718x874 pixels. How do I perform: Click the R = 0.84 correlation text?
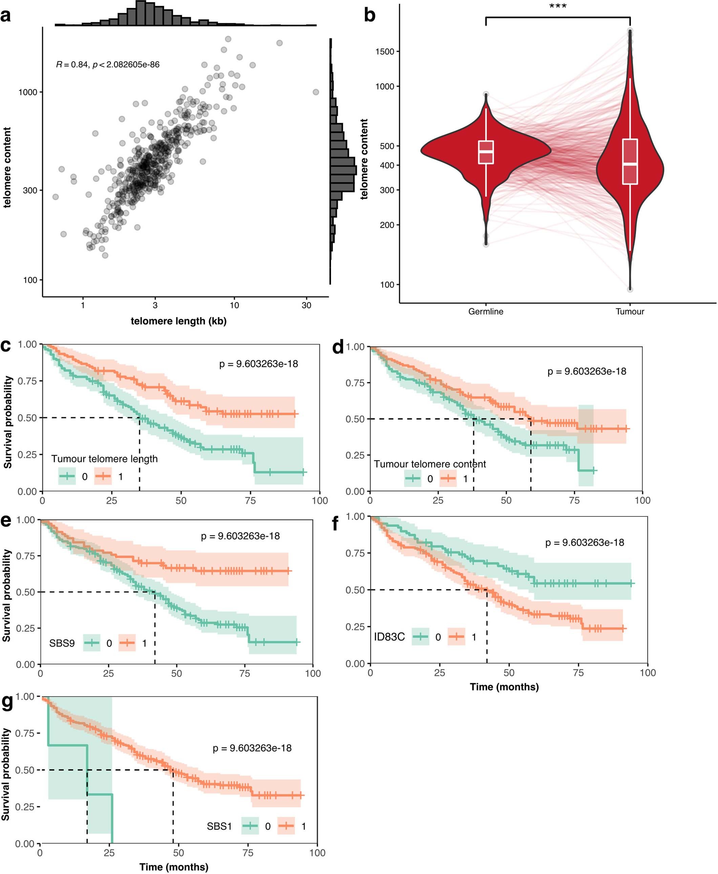[108, 64]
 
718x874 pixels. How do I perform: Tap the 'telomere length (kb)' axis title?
[179, 321]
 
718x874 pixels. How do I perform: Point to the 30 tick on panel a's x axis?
[306, 305]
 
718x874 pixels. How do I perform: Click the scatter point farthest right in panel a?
[316, 92]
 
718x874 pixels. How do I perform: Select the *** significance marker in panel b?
[557, 7]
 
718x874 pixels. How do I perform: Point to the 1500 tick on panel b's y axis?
[385, 52]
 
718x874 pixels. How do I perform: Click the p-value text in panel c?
[258, 364]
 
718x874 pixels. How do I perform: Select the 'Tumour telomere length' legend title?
[104, 459]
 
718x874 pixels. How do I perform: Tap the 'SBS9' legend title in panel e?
[62, 643]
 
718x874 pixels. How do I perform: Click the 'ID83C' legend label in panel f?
[389, 637]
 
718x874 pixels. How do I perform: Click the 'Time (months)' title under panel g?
[174, 867]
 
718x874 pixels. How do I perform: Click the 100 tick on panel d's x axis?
[642, 501]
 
